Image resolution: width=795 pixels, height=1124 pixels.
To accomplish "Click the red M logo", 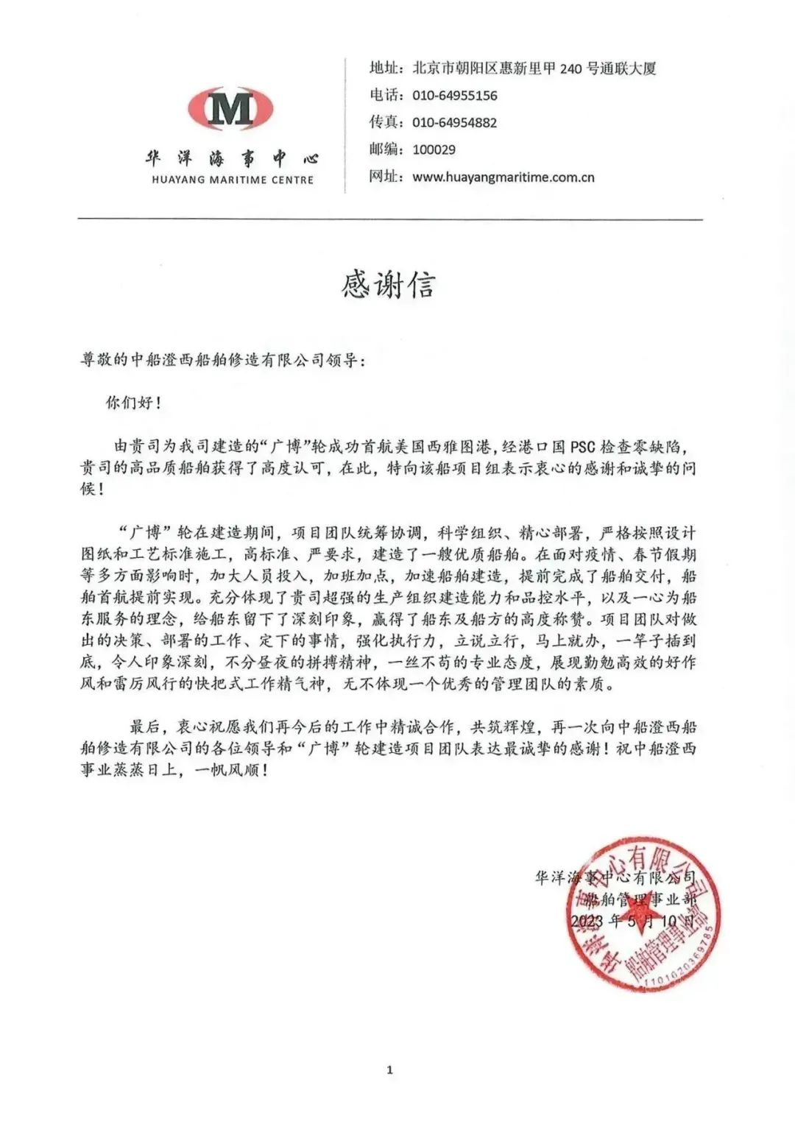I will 230,109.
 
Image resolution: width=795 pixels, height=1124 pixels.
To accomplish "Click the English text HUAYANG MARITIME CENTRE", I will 233,180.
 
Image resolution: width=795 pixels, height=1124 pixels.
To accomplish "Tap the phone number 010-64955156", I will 454,96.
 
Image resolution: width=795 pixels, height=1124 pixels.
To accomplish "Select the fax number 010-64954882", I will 454,123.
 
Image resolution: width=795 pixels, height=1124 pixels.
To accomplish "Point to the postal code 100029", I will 434,150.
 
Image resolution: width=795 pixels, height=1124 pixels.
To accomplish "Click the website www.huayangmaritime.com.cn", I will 503,177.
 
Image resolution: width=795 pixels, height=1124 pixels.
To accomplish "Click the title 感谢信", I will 388,285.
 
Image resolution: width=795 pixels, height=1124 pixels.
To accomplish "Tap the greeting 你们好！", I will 133,403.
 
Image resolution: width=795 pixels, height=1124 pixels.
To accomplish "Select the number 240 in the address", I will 570,69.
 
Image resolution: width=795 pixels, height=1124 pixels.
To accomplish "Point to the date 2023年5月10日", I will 632,921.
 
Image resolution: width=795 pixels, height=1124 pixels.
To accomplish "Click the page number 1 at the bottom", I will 389,1070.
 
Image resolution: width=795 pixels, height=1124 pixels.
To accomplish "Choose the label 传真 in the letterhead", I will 386,123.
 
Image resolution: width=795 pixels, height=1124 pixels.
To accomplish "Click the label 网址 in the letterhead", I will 386,177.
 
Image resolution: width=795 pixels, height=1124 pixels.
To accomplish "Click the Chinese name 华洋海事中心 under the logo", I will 232,158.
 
